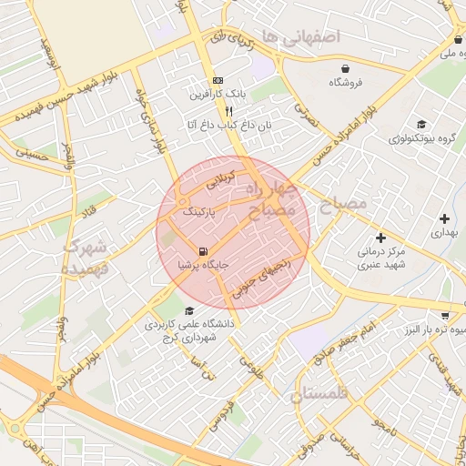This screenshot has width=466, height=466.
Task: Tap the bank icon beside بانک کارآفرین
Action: pos(218,80)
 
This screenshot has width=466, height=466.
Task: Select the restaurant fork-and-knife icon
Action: pos(216,110)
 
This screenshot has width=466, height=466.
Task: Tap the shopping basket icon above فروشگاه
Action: pos(345,68)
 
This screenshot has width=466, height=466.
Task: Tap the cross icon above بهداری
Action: pos(444,218)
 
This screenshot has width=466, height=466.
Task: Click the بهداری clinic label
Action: pos(443,233)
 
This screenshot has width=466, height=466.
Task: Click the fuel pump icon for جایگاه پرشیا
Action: pos(202,251)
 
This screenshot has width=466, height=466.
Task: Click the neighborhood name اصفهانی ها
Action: pos(299,35)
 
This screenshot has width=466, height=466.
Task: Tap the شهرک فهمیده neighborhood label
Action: pos(86,258)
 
